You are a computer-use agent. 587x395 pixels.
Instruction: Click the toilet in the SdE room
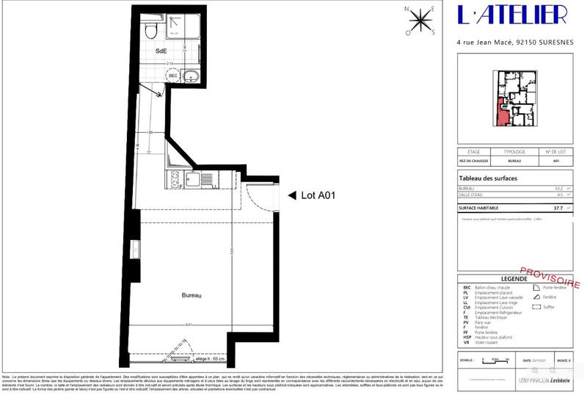click(151, 29)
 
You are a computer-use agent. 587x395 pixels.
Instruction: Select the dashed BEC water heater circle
click(174, 76)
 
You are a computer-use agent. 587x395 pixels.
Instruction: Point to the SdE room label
click(161, 51)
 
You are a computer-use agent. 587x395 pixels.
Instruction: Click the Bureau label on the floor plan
click(192, 295)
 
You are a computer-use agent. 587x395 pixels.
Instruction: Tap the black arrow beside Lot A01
click(291, 195)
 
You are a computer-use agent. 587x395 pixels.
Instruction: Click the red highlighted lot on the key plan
click(503, 114)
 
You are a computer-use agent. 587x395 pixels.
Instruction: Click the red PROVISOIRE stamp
click(550, 276)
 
